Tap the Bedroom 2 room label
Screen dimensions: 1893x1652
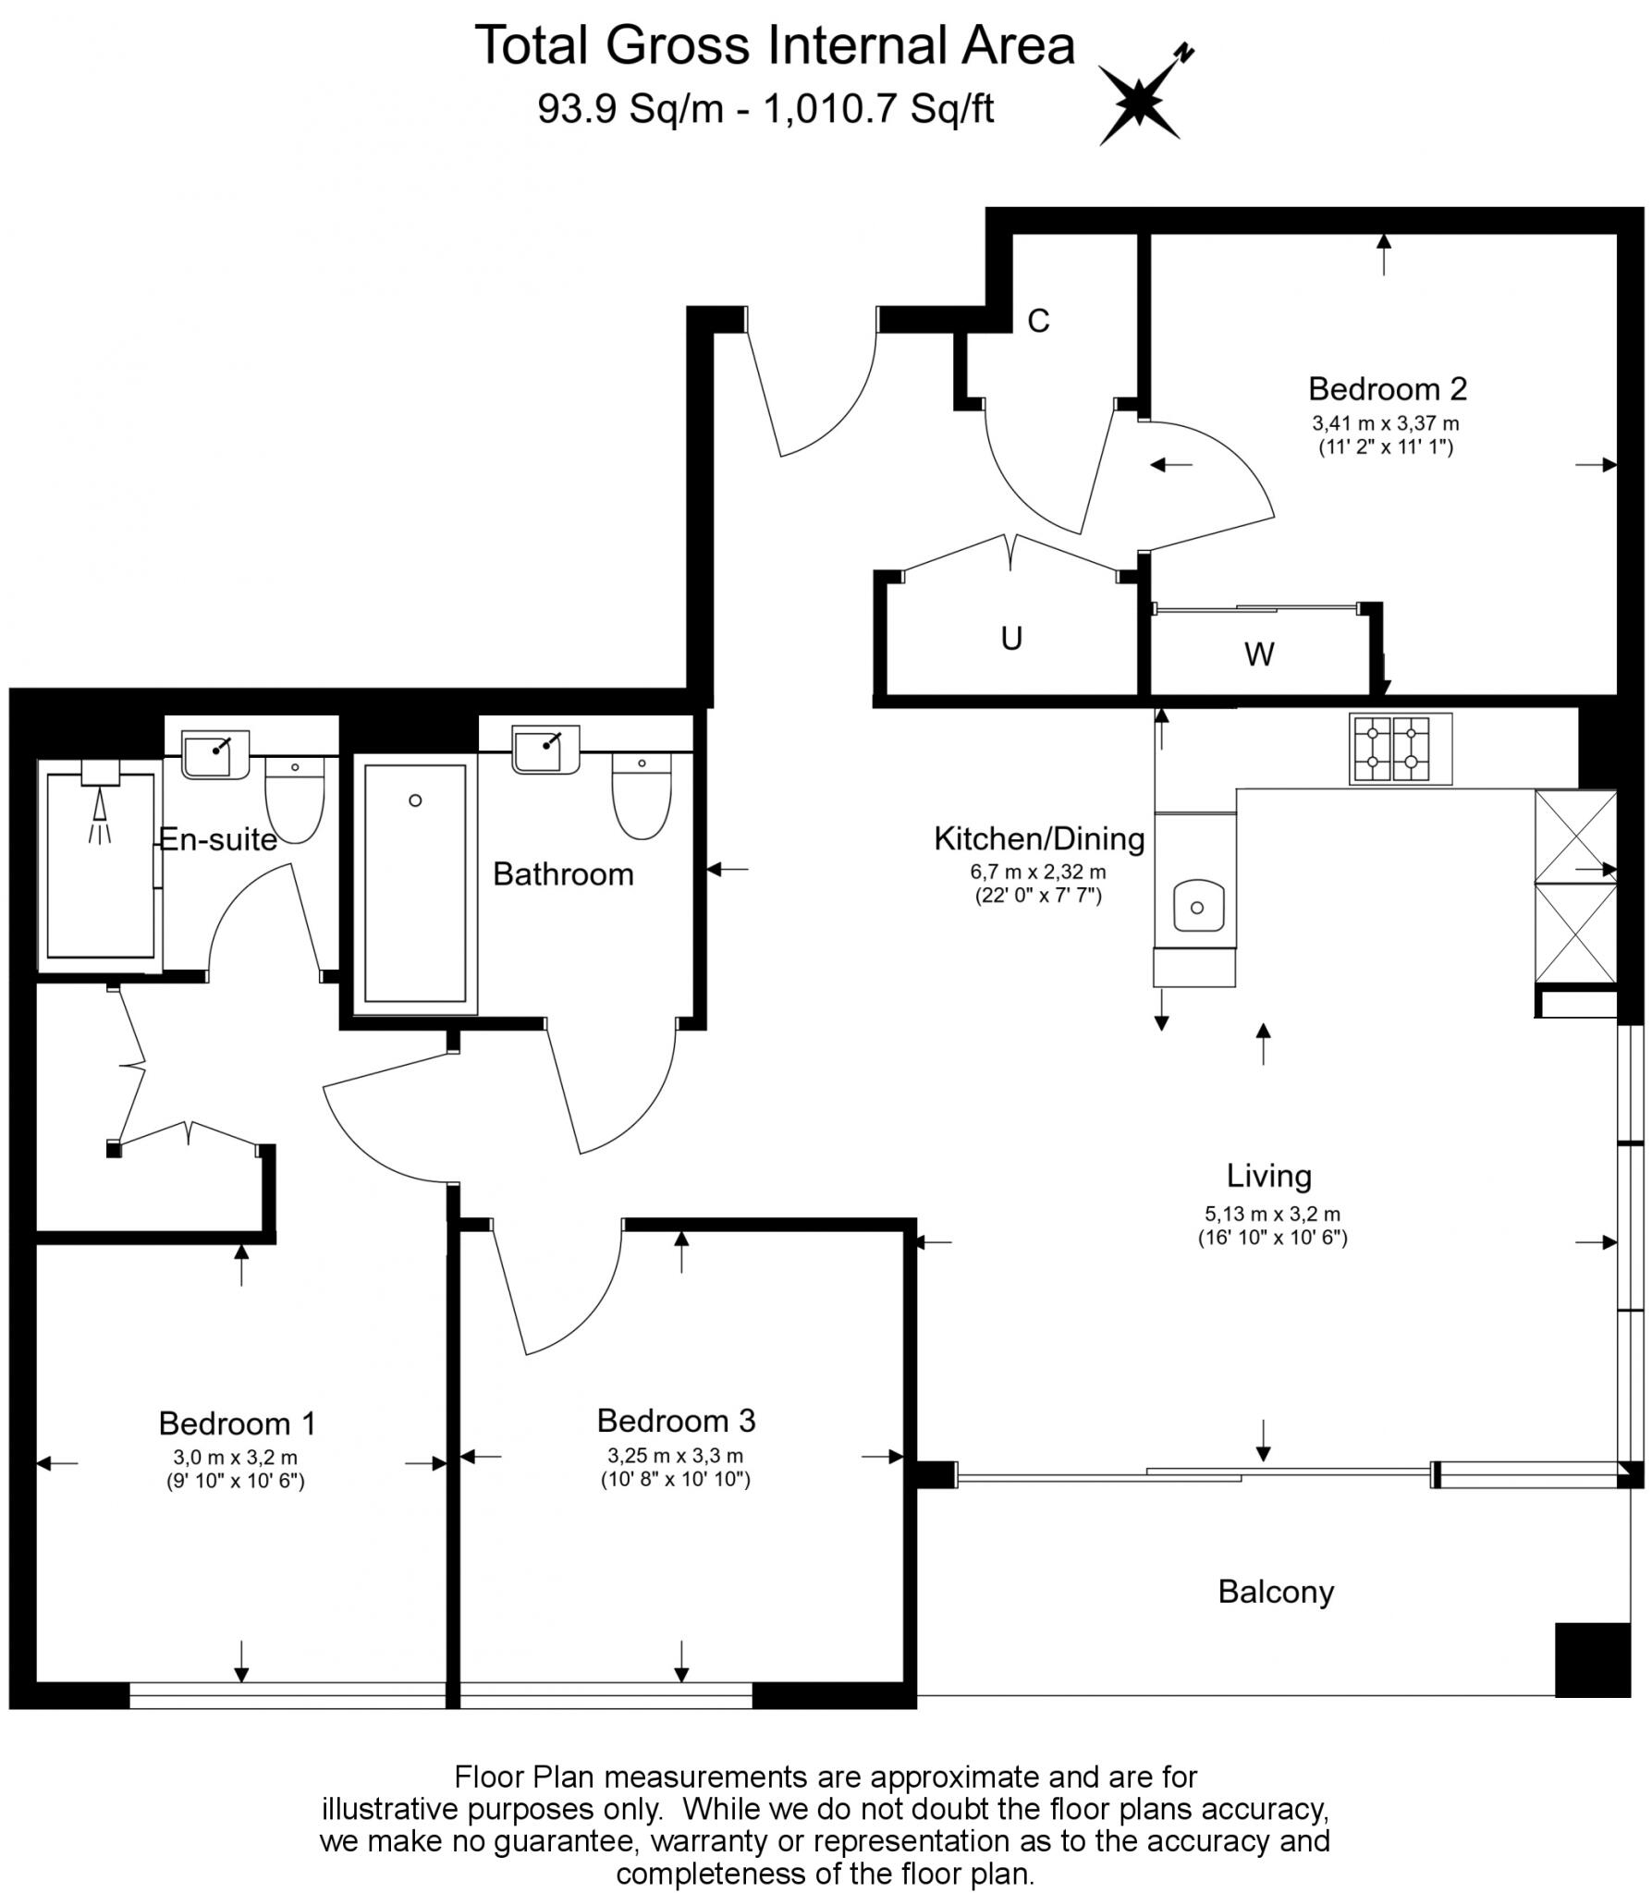[x=1387, y=389]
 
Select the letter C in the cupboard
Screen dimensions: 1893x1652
[x=1038, y=321]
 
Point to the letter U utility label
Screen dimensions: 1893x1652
[x=1011, y=639]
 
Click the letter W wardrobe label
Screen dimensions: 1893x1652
[x=1259, y=654]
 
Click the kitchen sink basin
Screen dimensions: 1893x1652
[x=1197, y=906]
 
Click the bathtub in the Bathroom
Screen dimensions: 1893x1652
[x=415, y=883]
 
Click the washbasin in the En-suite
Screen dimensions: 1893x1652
[x=214, y=754]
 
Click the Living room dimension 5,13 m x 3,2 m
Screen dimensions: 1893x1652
[x=1272, y=1214]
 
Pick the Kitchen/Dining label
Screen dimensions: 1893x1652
[x=1039, y=838]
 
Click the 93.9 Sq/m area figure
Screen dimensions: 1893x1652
[x=631, y=110]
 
